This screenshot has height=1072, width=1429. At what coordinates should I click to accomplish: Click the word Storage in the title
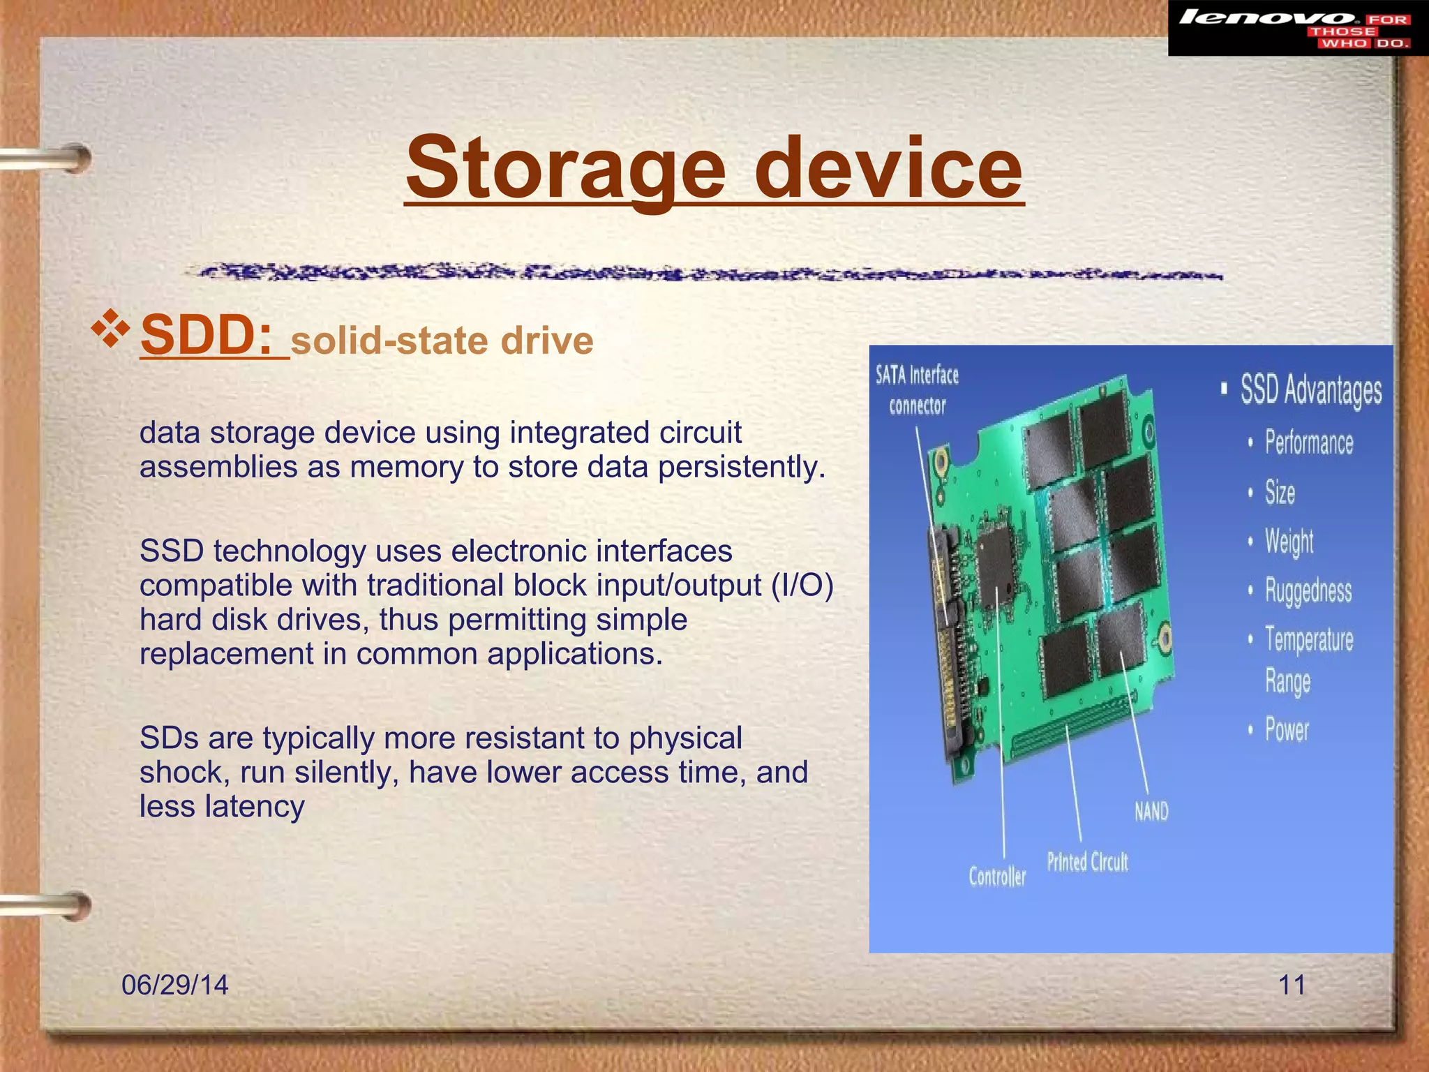pyautogui.click(x=566, y=168)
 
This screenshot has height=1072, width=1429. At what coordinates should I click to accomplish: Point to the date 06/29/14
pyautogui.click(x=175, y=985)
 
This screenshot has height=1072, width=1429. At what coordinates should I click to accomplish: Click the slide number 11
pyautogui.click(x=1292, y=985)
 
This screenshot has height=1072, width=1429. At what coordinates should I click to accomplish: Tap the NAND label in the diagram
pyautogui.click(x=1151, y=811)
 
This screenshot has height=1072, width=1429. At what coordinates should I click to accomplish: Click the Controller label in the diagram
pyautogui.click(x=997, y=876)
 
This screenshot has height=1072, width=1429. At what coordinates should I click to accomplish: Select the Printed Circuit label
pyautogui.click(x=1087, y=862)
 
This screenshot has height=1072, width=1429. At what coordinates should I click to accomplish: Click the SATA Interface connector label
pyautogui.click(x=917, y=390)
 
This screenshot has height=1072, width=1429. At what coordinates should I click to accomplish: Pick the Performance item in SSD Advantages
pyautogui.click(x=1308, y=443)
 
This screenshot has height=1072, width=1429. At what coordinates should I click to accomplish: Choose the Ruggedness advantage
pyautogui.click(x=1308, y=590)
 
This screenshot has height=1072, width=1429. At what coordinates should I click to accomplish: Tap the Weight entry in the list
pyautogui.click(x=1289, y=542)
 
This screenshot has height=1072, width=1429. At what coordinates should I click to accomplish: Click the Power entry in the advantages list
pyautogui.click(x=1287, y=730)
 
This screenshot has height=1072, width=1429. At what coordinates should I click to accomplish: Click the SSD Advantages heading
pyautogui.click(x=1310, y=389)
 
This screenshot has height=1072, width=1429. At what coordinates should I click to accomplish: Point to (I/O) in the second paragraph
pyautogui.click(x=802, y=585)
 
